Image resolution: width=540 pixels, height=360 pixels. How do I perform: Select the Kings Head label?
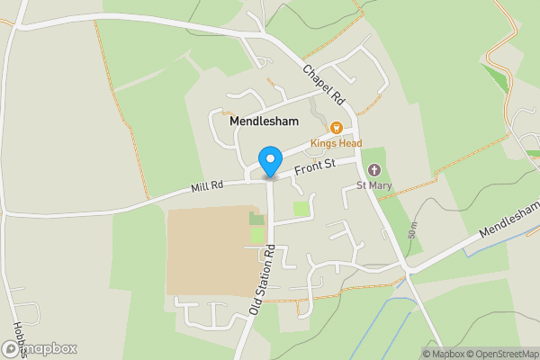click(x=336, y=143)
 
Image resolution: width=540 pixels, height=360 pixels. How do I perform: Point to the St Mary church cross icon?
click(x=374, y=170)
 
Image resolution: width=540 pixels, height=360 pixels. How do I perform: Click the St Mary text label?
click(x=373, y=186)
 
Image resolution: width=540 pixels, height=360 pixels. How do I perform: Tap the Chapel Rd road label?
click(x=324, y=84)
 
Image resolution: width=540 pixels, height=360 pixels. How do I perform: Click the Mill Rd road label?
click(x=206, y=187)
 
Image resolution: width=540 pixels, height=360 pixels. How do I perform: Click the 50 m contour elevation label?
click(x=413, y=230)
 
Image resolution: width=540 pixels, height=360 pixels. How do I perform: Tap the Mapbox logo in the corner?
click(x=40, y=348)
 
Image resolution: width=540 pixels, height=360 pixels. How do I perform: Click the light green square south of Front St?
click(x=301, y=209)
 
